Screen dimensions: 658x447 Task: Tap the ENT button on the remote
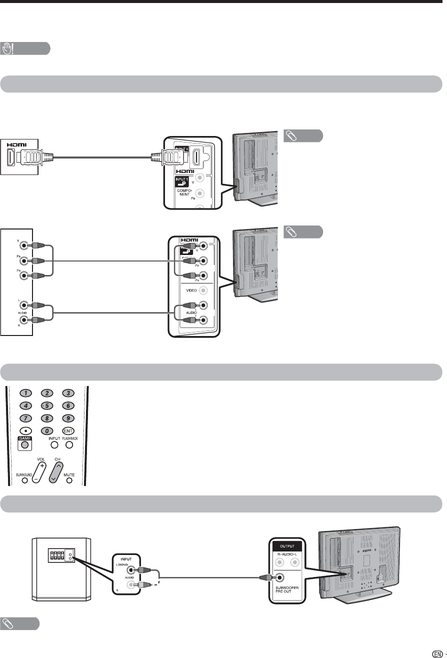tap(68, 430)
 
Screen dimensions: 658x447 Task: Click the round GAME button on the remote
tap(24, 445)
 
